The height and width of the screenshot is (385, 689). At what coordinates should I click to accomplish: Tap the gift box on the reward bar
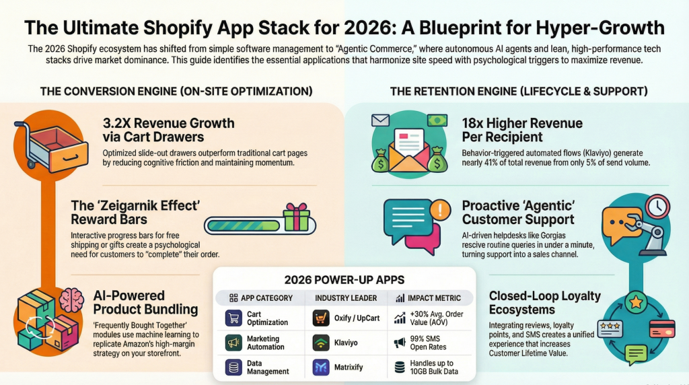tap(296, 217)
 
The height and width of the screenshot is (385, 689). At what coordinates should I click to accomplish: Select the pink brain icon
tap(70, 300)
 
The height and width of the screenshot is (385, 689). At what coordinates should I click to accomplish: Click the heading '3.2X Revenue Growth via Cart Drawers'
tap(168, 130)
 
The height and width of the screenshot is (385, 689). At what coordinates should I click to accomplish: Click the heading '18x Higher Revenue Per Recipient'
tap(522, 130)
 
